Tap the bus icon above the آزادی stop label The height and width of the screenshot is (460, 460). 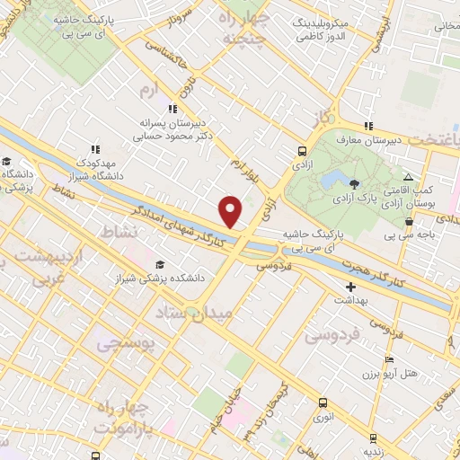tap(301, 152)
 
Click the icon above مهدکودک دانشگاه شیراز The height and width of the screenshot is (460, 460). tap(94, 149)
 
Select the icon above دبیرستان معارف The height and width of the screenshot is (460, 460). tap(367, 126)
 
